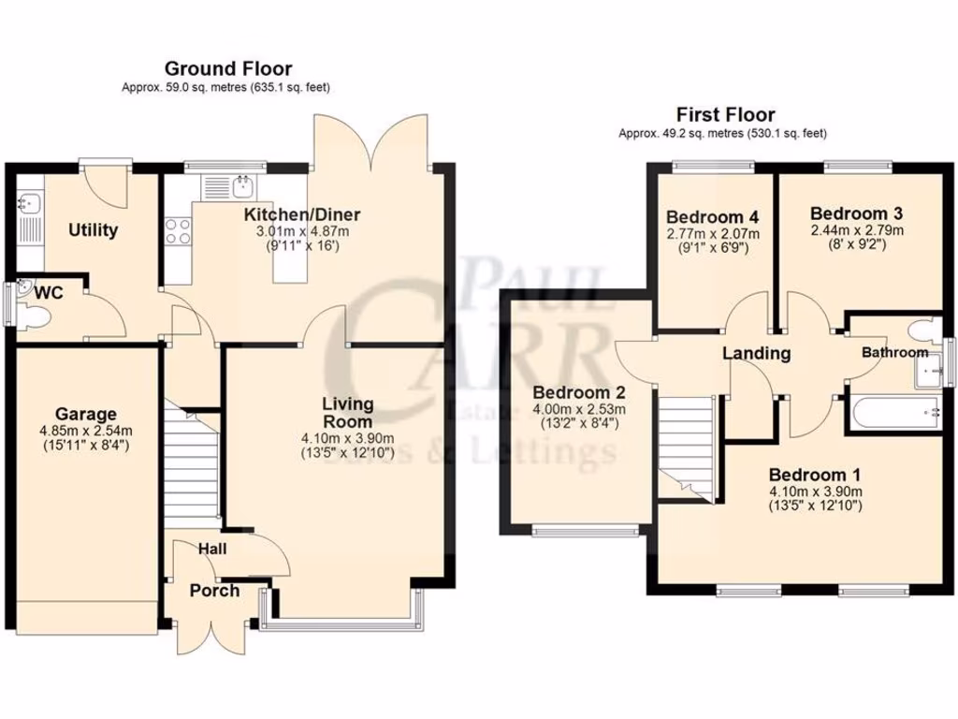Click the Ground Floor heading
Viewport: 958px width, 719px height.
(227, 68)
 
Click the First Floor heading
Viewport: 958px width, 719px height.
(726, 115)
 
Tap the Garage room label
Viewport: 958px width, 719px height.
(85, 414)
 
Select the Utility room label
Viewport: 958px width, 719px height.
(93, 230)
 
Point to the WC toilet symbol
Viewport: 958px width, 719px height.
(36, 319)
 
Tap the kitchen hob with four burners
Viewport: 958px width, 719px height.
(178, 230)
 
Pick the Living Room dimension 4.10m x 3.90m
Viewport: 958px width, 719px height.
(347, 438)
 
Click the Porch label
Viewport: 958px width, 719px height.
(214, 591)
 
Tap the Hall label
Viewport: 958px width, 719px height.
(212, 549)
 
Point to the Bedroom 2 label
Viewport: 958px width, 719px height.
(578, 392)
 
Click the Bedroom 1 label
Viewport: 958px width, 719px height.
(815, 474)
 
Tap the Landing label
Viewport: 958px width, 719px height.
(757, 354)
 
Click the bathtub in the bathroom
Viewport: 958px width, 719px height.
(893, 411)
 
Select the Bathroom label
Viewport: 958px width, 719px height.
(894, 353)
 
